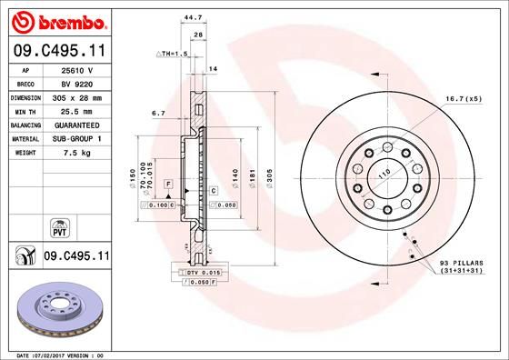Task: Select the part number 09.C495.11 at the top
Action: [60, 53]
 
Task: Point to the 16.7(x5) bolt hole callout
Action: [462, 97]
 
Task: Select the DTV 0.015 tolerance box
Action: [204, 273]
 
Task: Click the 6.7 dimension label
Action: [157, 114]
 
